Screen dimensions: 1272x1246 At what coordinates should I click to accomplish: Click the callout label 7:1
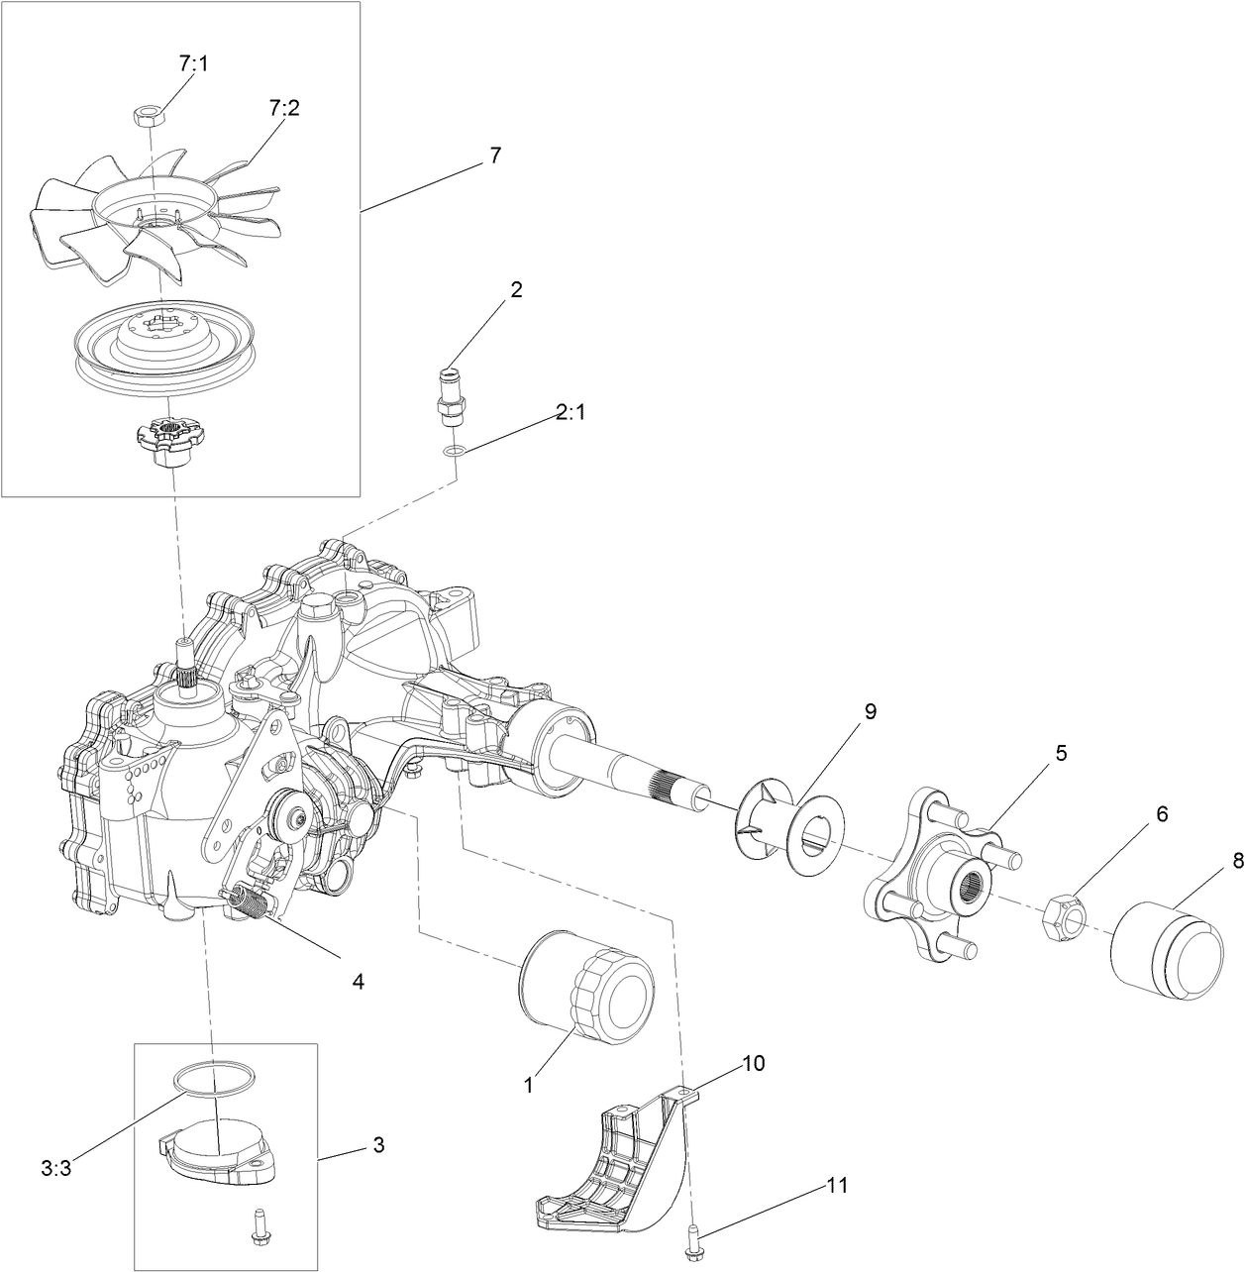(193, 63)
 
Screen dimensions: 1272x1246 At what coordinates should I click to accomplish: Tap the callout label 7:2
(283, 108)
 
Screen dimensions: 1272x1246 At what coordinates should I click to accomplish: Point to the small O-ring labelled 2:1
(453, 452)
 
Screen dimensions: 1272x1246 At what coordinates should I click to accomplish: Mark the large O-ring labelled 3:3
(215, 1079)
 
